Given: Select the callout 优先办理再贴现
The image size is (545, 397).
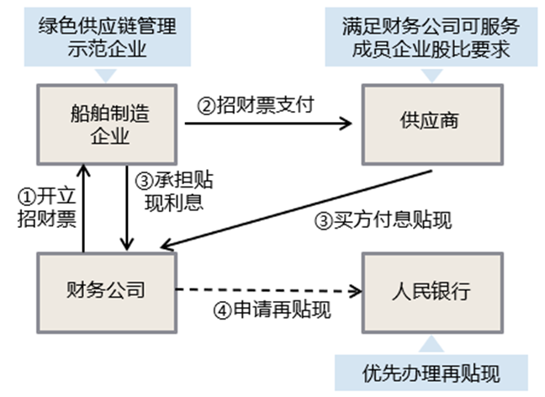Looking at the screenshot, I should pyautogui.click(x=433, y=371).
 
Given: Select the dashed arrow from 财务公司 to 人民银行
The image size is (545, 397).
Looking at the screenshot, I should pyautogui.click(x=269, y=291).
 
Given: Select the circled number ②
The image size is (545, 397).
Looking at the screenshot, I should pyautogui.click(x=205, y=106).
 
